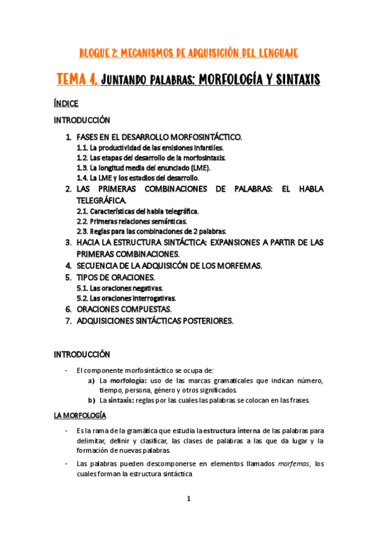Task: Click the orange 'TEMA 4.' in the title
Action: tap(76, 80)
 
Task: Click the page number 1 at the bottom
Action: tap(188, 499)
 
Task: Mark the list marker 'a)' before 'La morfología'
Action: tap(91, 380)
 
